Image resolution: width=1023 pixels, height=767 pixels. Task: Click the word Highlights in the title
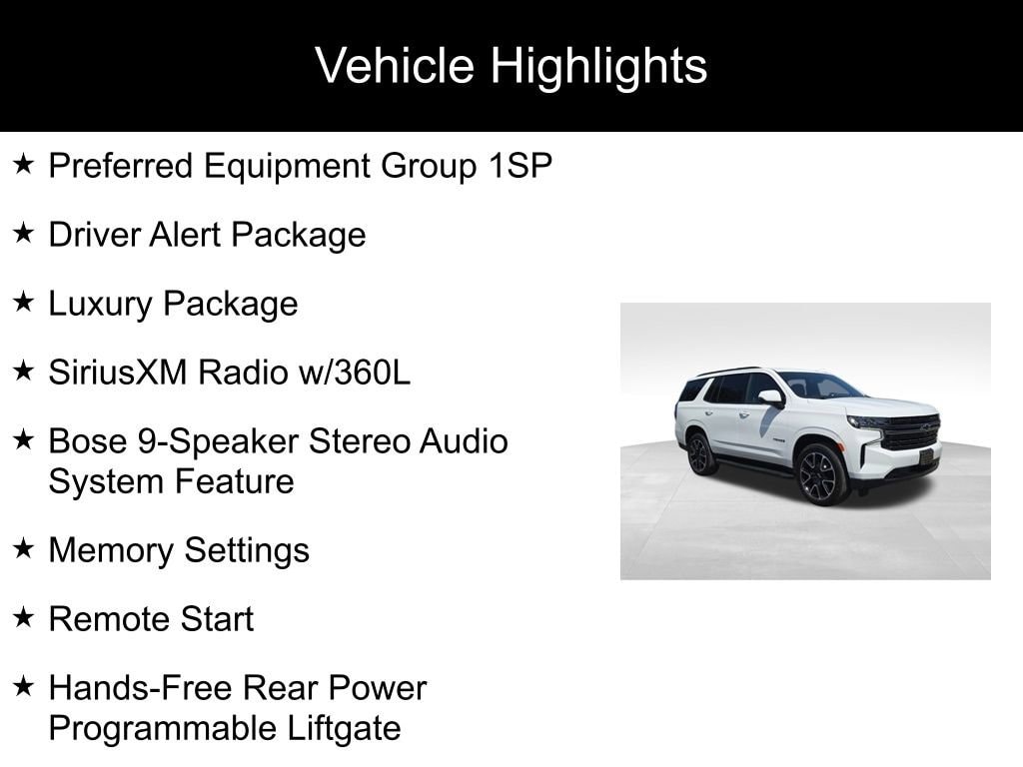point(598,67)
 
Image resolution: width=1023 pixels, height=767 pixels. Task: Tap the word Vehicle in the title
point(395,65)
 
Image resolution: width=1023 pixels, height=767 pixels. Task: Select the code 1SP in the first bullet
point(519,166)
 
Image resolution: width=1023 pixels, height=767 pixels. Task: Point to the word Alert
point(185,234)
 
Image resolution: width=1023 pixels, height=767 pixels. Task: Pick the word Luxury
point(100,305)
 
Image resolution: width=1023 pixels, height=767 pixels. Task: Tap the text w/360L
point(355,373)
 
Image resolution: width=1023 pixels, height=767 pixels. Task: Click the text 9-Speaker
point(218,442)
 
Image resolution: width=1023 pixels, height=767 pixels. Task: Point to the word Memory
point(110,551)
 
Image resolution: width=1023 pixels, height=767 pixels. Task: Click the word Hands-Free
point(140,688)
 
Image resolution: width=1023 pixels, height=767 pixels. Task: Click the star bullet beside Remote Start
point(24,616)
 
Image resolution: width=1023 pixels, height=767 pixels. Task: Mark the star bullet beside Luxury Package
point(24,302)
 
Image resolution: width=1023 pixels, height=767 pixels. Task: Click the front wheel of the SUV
point(819,474)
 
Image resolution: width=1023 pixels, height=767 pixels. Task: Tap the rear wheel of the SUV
point(700,453)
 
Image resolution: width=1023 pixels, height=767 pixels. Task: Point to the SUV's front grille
point(909,432)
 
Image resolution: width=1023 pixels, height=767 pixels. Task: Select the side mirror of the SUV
point(770,397)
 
